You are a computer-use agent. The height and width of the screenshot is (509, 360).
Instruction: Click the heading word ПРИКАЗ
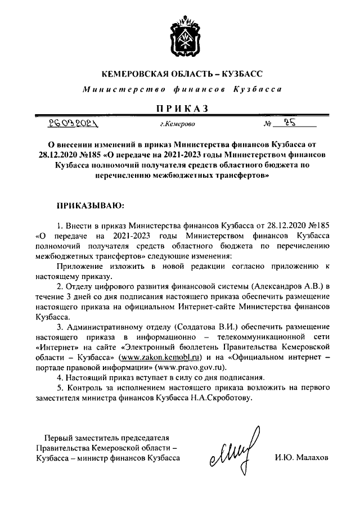click(180, 107)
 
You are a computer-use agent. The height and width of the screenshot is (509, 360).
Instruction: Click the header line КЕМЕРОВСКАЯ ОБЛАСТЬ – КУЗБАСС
click(180, 74)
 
